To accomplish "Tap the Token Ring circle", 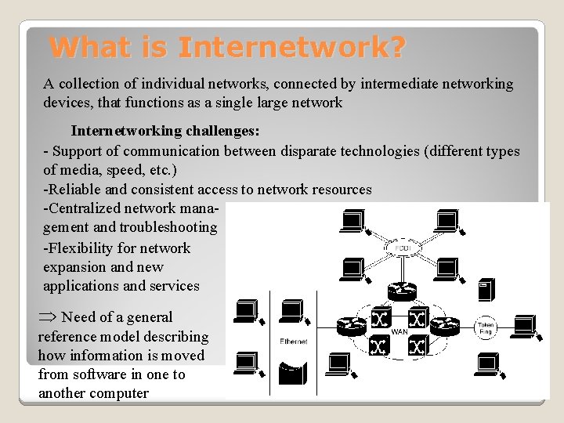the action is (x=486, y=329).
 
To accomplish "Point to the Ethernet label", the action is (x=293, y=341).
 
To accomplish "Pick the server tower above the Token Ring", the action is (x=486, y=289).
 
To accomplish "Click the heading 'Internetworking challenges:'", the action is (x=165, y=131).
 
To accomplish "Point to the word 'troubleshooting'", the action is (x=168, y=227).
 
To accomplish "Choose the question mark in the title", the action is (x=396, y=49).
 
